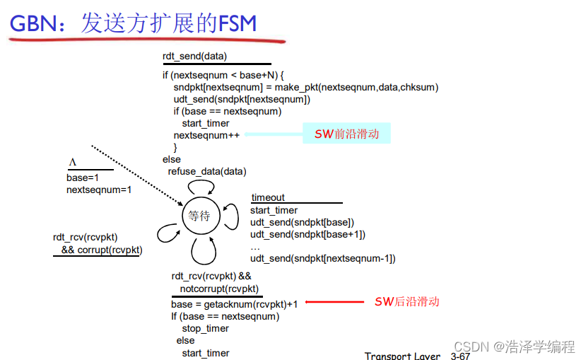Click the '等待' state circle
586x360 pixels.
[x=200, y=216]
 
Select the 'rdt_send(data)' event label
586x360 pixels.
[x=194, y=56]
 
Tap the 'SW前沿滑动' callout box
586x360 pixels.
[x=346, y=134]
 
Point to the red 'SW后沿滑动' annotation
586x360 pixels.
[x=406, y=302]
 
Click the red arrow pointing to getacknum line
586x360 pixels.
[x=333, y=303]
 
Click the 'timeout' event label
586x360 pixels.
[x=269, y=198]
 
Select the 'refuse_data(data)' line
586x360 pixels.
[x=207, y=171]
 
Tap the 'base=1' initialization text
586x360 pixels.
[x=83, y=178]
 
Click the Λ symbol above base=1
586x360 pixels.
[x=72, y=163]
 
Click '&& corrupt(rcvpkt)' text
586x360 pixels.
[x=101, y=250]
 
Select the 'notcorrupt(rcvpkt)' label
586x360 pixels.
[x=219, y=289]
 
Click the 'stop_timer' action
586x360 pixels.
[x=206, y=328]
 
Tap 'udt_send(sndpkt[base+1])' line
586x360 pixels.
[x=307, y=234]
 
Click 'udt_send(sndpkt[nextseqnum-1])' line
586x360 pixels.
[x=322, y=258]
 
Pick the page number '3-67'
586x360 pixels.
[x=460, y=356]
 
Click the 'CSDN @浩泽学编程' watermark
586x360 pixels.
[x=514, y=347]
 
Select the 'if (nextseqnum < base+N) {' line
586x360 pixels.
[x=223, y=75]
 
